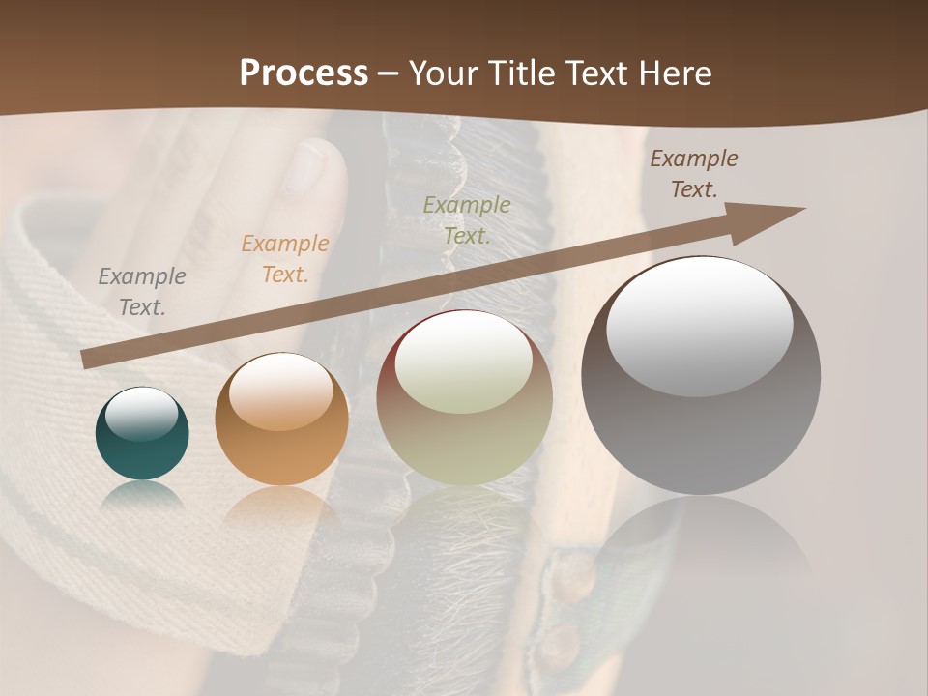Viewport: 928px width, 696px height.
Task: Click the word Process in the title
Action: [304, 73]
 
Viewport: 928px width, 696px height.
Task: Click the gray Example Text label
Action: [142, 292]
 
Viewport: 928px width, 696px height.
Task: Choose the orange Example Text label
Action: [284, 259]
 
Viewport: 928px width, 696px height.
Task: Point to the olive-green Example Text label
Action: [467, 219]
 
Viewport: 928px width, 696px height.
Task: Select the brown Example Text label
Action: [694, 174]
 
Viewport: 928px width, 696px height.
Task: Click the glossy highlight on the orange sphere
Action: [280, 391]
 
